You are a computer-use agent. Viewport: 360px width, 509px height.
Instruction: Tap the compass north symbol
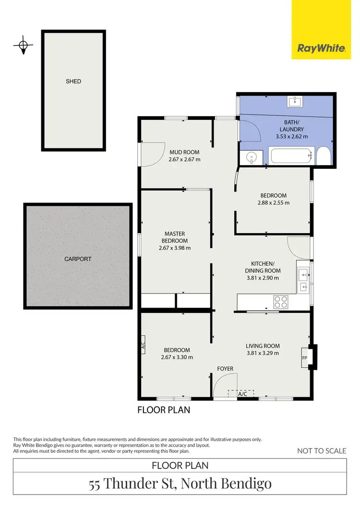point(23,46)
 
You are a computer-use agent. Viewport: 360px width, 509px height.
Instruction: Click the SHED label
point(73,82)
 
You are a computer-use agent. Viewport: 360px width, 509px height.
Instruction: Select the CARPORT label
point(78,259)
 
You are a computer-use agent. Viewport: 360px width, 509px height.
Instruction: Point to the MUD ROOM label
point(184,153)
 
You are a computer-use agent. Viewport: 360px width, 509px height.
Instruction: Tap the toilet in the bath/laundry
point(323,156)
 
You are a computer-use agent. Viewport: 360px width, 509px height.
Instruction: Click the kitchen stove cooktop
point(281,302)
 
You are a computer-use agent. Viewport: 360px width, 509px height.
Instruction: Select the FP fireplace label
point(305,358)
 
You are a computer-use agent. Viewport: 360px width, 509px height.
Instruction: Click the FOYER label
point(225,369)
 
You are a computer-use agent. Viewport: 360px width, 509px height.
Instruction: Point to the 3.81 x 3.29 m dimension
point(263,353)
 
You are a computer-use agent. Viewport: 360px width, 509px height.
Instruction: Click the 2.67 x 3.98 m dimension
point(175,248)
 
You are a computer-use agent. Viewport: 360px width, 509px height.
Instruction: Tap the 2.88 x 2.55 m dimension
point(274,202)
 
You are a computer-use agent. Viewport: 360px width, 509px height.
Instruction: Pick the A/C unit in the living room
point(242,393)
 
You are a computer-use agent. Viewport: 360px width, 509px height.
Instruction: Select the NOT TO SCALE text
point(321,450)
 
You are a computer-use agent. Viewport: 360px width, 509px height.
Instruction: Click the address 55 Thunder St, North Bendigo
point(180,484)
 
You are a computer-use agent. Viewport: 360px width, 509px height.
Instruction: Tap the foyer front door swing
point(222,386)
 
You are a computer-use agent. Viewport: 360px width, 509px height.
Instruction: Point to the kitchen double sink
point(303,281)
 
